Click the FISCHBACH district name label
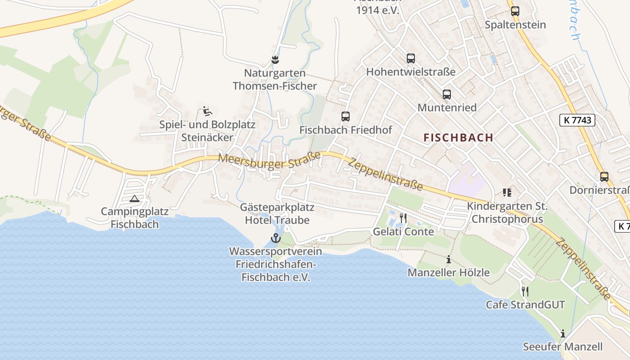pyautogui.click(x=458, y=138)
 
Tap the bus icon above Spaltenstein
pyautogui.click(x=515, y=11)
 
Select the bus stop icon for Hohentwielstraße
pyautogui.click(x=410, y=58)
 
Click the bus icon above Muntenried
pyautogui.click(x=446, y=94)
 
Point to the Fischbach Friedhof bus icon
pyautogui.click(x=345, y=117)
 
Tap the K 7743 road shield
pyautogui.click(x=577, y=120)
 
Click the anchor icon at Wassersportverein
pyautogui.click(x=275, y=238)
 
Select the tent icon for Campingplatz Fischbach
pyautogui.click(x=134, y=198)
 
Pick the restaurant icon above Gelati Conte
pyautogui.click(x=403, y=218)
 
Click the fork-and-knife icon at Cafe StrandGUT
pyautogui.click(x=525, y=291)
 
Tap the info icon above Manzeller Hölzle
pyautogui.click(x=448, y=259)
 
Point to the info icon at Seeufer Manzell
pyautogui.click(x=562, y=333)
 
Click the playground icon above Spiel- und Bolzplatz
pyautogui.click(x=207, y=111)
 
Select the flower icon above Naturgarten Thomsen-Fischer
pyautogui.click(x=275, y=59)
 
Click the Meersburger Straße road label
pyautogui.click(x=270, y=160)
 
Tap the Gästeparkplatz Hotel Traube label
pyautogui.click(x=277, y=214)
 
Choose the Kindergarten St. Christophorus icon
pyautogui.click(x=507, y=193)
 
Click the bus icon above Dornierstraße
pyautogui.click(x=604, y=177)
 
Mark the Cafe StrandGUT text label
pyautogui.click(x=525, y=305)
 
